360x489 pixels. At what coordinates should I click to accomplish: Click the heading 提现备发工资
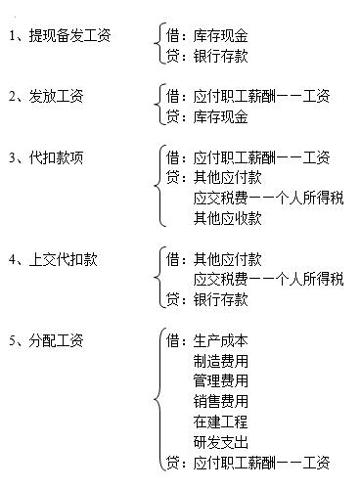tap(71, 36)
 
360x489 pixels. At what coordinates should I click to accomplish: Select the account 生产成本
tap(221, 340)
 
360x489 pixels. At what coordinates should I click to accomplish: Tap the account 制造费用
tap(221, 360)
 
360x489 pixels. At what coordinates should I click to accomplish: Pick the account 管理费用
tap(221, 379)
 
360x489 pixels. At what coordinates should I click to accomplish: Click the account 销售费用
tap(221, 400)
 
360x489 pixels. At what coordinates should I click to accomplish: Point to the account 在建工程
tap(221, 421)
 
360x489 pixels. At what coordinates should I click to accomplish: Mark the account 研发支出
tap(221, 441)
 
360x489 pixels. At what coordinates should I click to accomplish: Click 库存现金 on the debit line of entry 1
tap(221, 36)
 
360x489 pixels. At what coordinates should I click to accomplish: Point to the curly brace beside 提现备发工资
tap(158, 46)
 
